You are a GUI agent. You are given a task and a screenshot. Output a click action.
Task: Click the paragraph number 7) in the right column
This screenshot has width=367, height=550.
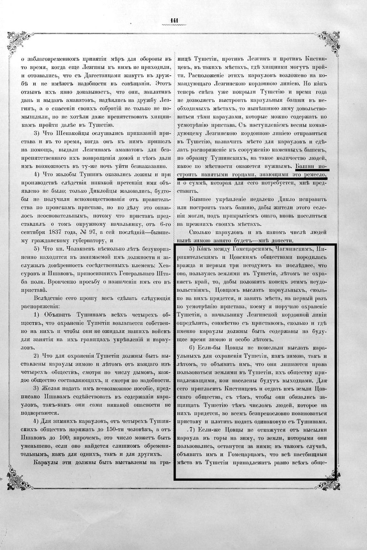coord(190,429)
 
